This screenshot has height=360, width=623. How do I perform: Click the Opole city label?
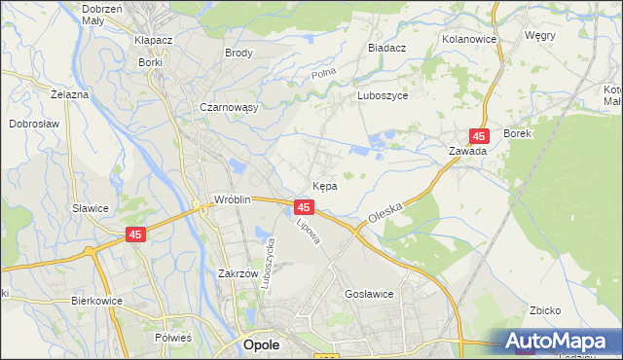tap(262, 345)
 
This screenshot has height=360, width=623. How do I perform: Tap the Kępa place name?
tap(325, 185)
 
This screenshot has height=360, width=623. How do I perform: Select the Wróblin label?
tap(234, 200)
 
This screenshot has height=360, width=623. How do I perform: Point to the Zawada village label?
tap(467, 152)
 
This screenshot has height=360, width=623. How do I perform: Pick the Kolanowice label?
tap(469, 39)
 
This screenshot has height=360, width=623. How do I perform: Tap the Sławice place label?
tap(91, 208)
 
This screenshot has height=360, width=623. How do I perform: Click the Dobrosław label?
tap(37, 124)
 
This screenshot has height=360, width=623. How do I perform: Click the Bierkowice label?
tap(96, 301)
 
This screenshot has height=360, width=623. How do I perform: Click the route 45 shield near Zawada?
tap(478, 137)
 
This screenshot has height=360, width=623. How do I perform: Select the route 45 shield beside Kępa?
tap(304, 208)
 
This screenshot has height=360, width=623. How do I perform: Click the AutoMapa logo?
tap(559, 342)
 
